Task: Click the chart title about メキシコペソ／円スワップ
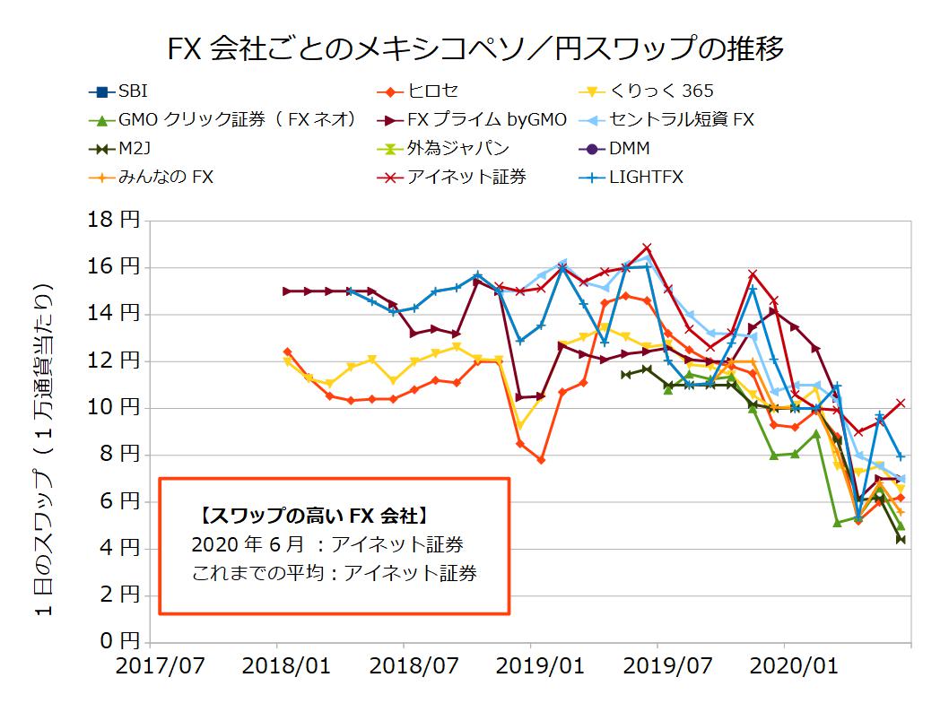(x=475, y=48)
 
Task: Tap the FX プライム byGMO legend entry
(x=484, y=120)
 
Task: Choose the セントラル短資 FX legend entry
(x=682, y=120)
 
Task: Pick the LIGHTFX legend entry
(x=646, y=178)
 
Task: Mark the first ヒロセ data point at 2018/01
(x=287, y=352)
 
